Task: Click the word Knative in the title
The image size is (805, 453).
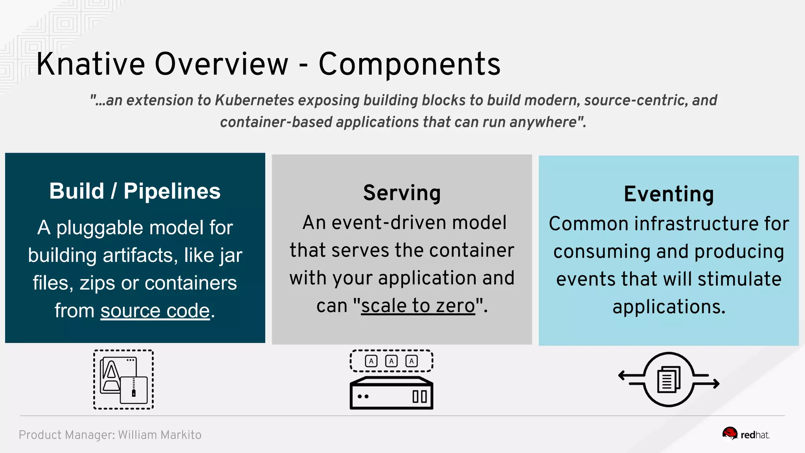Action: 91,64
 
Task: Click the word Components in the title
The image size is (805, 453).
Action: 409,64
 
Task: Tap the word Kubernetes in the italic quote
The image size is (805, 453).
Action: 254,100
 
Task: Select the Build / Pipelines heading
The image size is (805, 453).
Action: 135,191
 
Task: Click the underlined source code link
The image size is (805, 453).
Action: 155,311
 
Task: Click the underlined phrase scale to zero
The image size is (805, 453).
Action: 418,306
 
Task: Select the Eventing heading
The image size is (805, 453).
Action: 669,194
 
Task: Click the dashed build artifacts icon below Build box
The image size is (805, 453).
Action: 123,379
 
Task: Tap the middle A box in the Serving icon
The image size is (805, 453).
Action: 391,361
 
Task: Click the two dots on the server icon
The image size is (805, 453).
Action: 363,396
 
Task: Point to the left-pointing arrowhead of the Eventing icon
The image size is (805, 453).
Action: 621,376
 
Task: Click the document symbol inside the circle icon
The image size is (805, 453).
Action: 668,379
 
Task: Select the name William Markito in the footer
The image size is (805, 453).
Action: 160,435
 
